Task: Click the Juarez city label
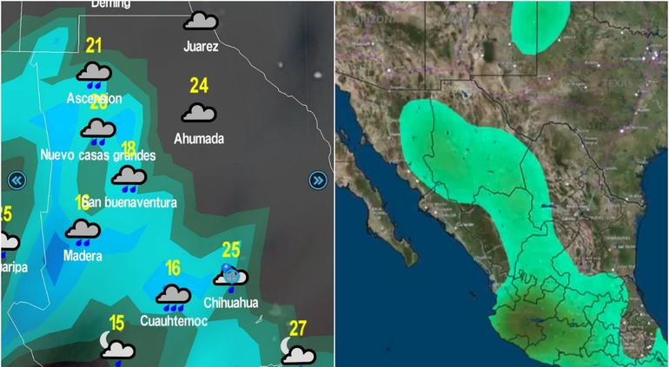point(201,47)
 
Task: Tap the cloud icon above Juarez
point(201,21)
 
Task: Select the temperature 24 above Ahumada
point(199,85)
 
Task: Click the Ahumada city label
point(199,139)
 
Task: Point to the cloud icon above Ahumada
point(199,113)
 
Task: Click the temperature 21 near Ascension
point(94,47)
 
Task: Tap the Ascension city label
point(94,99)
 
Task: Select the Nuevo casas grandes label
point(98,155)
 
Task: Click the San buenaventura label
point(132,203)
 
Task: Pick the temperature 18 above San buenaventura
point(129,149)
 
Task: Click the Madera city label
point(83,256)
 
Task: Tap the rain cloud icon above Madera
point(83,231)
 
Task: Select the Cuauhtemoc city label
point(174,321)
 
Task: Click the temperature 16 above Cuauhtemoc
point(173,269)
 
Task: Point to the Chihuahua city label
point(231,303)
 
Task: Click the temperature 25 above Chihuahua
point(231,250)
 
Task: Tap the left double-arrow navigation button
point(17,180)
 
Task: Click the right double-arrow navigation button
point(318,180)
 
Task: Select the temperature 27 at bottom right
point(298,328)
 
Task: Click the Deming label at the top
point(110,4)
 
